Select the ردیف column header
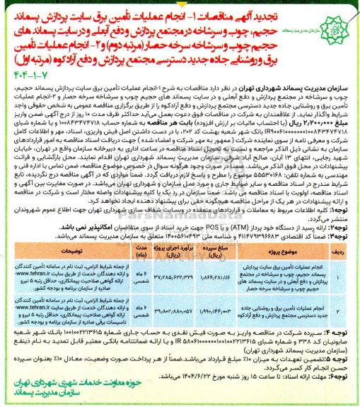pyautogui.click(x=340, y=251)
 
